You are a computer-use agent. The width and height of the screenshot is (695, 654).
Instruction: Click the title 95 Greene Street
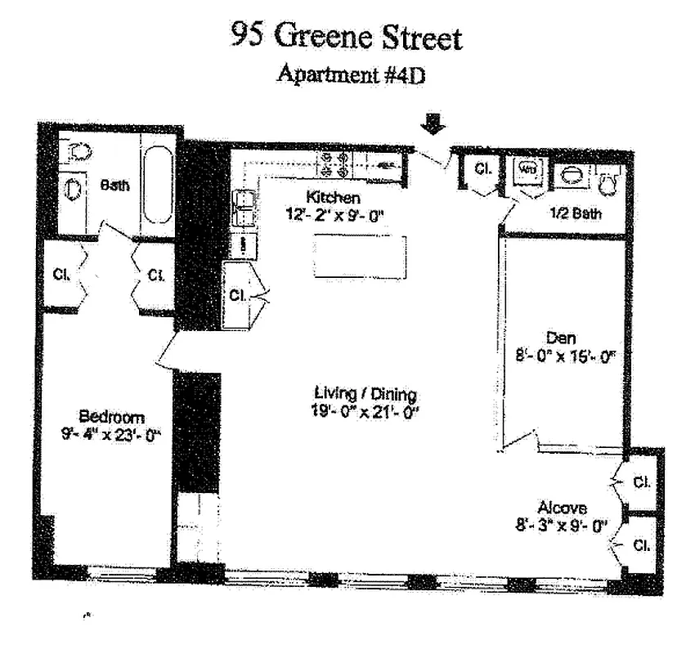(347, 37)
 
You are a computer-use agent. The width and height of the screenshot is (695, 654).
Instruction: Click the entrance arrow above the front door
(434, 124)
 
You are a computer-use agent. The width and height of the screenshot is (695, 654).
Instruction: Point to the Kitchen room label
(333, 198)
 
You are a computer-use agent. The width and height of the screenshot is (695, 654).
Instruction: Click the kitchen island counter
(359, 257)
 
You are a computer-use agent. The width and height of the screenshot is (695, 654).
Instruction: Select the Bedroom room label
(112, 414)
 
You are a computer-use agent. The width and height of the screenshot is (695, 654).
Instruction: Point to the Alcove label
(562, 508)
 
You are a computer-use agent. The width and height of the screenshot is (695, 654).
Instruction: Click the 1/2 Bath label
(576, 214)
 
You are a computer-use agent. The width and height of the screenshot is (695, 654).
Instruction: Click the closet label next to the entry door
(482, 170)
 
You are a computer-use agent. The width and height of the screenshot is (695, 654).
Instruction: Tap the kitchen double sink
(243, 207)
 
